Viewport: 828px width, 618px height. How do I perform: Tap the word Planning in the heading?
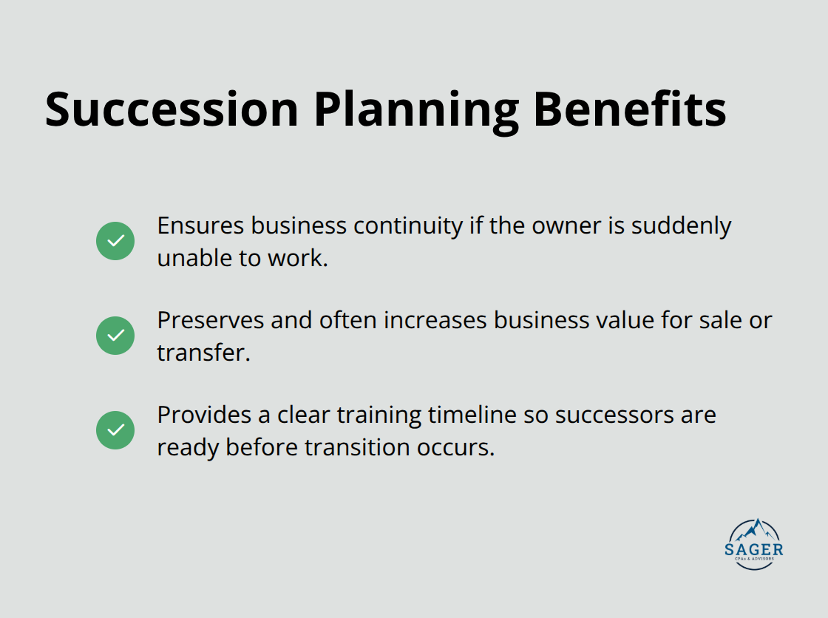tap(415, 111)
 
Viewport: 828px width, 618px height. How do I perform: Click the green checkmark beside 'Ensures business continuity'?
tap(115, 241)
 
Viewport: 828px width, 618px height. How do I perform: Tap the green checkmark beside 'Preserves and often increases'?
tap(115, 336)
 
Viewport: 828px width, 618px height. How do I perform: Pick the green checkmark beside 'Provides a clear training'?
tap(115, 430)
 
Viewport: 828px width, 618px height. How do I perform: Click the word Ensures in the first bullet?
tap(200, 225)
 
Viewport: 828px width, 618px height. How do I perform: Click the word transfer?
tap(203, 353)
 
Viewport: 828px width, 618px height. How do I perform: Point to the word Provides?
tap(203, 415)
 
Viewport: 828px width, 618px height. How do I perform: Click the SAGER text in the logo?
tap(754, 549)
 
